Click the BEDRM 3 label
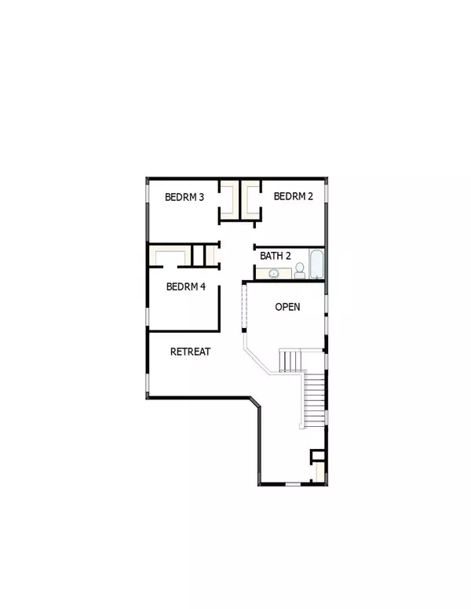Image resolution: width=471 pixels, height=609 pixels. point(184,197)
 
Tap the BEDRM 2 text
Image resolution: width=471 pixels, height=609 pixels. point(293,197)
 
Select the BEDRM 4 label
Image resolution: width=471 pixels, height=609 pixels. point(186,287)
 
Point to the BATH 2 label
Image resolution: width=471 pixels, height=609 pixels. point(276,256)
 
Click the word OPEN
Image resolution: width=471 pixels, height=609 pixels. point(287,307)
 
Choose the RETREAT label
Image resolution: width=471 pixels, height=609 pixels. point(190,352)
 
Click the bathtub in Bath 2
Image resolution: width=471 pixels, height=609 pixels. point(315,265)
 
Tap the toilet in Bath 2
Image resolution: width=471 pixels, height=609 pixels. point(300,272)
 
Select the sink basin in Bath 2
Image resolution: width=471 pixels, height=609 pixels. point(274,274)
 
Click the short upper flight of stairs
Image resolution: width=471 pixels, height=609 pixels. point(291,360)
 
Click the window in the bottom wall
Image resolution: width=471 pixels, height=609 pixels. point(291,483)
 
